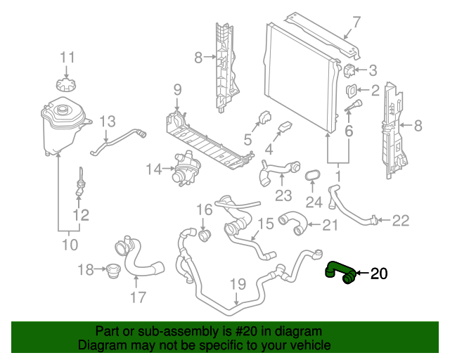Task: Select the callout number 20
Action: [x=378, y=274]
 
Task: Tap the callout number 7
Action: [x=356, y=21]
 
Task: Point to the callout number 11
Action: [x=66, y=57]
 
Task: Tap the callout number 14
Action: [x=154, y=169]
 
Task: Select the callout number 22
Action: [x=400, y=221]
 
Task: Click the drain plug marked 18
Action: [x=110, y=271]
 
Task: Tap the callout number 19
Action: [x=237, y=285]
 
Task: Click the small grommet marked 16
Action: [x=205, y=233]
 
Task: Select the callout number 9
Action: [x=177, y=89]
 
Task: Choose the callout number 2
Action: [x=375, y=90]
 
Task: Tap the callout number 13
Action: [x=106, y=122]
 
